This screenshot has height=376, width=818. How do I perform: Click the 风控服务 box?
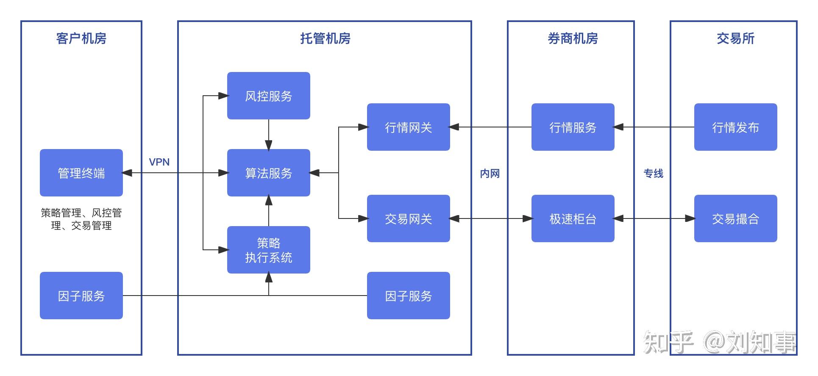point(268,96)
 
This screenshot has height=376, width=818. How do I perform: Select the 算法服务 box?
point(268,173)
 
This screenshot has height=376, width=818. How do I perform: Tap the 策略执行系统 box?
point(268,250)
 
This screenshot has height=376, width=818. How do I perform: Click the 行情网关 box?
point(408,127)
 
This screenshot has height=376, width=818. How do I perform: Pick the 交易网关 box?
point(408,218)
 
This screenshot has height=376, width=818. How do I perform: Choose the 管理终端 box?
point(81,173)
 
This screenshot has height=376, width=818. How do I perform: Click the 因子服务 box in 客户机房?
point(81,296)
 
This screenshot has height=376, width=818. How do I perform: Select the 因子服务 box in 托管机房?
point(408,296)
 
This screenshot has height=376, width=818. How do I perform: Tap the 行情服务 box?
point(573,127)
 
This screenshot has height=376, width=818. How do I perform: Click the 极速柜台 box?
point(573,218)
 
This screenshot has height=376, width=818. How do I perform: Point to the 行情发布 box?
point(735,127)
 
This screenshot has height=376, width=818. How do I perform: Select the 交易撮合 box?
point(735,218)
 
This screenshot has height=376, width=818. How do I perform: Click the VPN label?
point(159,162)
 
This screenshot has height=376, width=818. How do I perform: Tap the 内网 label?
point(490,174)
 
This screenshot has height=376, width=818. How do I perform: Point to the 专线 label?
point(654,174)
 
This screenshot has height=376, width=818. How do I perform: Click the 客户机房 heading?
point(81,39)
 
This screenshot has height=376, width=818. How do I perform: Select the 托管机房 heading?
point(325,39)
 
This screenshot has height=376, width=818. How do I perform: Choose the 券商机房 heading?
point(573,39)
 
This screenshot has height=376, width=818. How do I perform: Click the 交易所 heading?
point(735,39)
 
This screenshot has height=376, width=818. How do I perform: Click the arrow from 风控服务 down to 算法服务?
point(268,134)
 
